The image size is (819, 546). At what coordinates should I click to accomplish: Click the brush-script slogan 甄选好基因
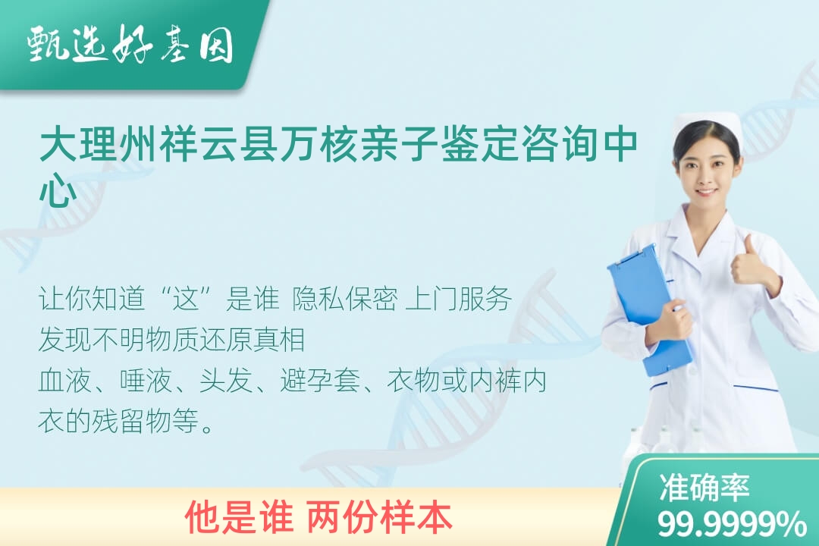point(130,44)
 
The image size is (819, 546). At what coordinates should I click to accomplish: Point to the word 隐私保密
point(345,300)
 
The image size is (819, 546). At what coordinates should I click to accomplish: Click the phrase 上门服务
point(458,300)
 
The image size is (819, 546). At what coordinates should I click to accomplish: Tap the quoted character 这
point(187,300)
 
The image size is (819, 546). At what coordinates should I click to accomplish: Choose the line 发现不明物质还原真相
point(172,340)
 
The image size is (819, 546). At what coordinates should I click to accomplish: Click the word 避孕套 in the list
point(320,380)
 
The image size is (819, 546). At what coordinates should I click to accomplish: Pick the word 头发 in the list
point(226,380)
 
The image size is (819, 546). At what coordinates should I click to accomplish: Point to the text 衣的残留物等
point(126,421)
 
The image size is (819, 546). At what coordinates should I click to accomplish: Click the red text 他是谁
point(239,517)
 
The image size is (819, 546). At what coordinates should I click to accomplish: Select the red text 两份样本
point(379,517)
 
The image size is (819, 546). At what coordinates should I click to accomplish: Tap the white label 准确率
point(704,488)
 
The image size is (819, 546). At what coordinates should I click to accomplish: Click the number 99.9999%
point(732,524)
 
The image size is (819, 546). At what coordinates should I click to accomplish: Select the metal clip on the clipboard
point(633,256)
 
